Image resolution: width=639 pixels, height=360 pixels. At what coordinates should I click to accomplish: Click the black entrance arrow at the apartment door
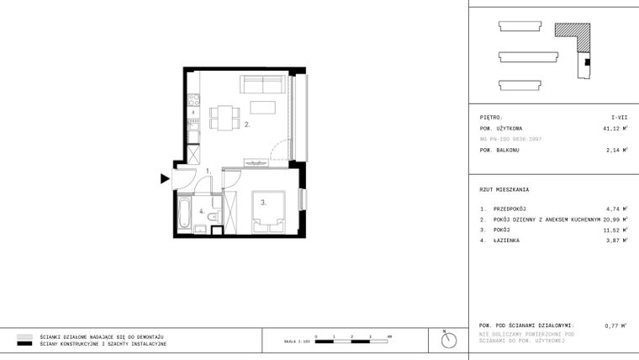165,177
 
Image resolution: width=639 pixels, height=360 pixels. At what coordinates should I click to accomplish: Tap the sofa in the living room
261,84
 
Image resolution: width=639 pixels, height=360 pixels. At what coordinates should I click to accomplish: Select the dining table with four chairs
223,116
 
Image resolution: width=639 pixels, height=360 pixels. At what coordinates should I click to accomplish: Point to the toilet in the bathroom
212,220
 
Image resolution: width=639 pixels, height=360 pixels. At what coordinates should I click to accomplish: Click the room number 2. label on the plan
248,124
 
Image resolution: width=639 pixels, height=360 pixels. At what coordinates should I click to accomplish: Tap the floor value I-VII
619,118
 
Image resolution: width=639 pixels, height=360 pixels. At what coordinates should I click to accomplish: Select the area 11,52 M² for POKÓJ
615,229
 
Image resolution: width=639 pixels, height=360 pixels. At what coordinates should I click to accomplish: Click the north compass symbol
449,340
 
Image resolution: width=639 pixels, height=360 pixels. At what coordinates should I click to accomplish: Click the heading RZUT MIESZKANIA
504,189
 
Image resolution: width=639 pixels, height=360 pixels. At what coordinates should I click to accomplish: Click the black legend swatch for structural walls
24,344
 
